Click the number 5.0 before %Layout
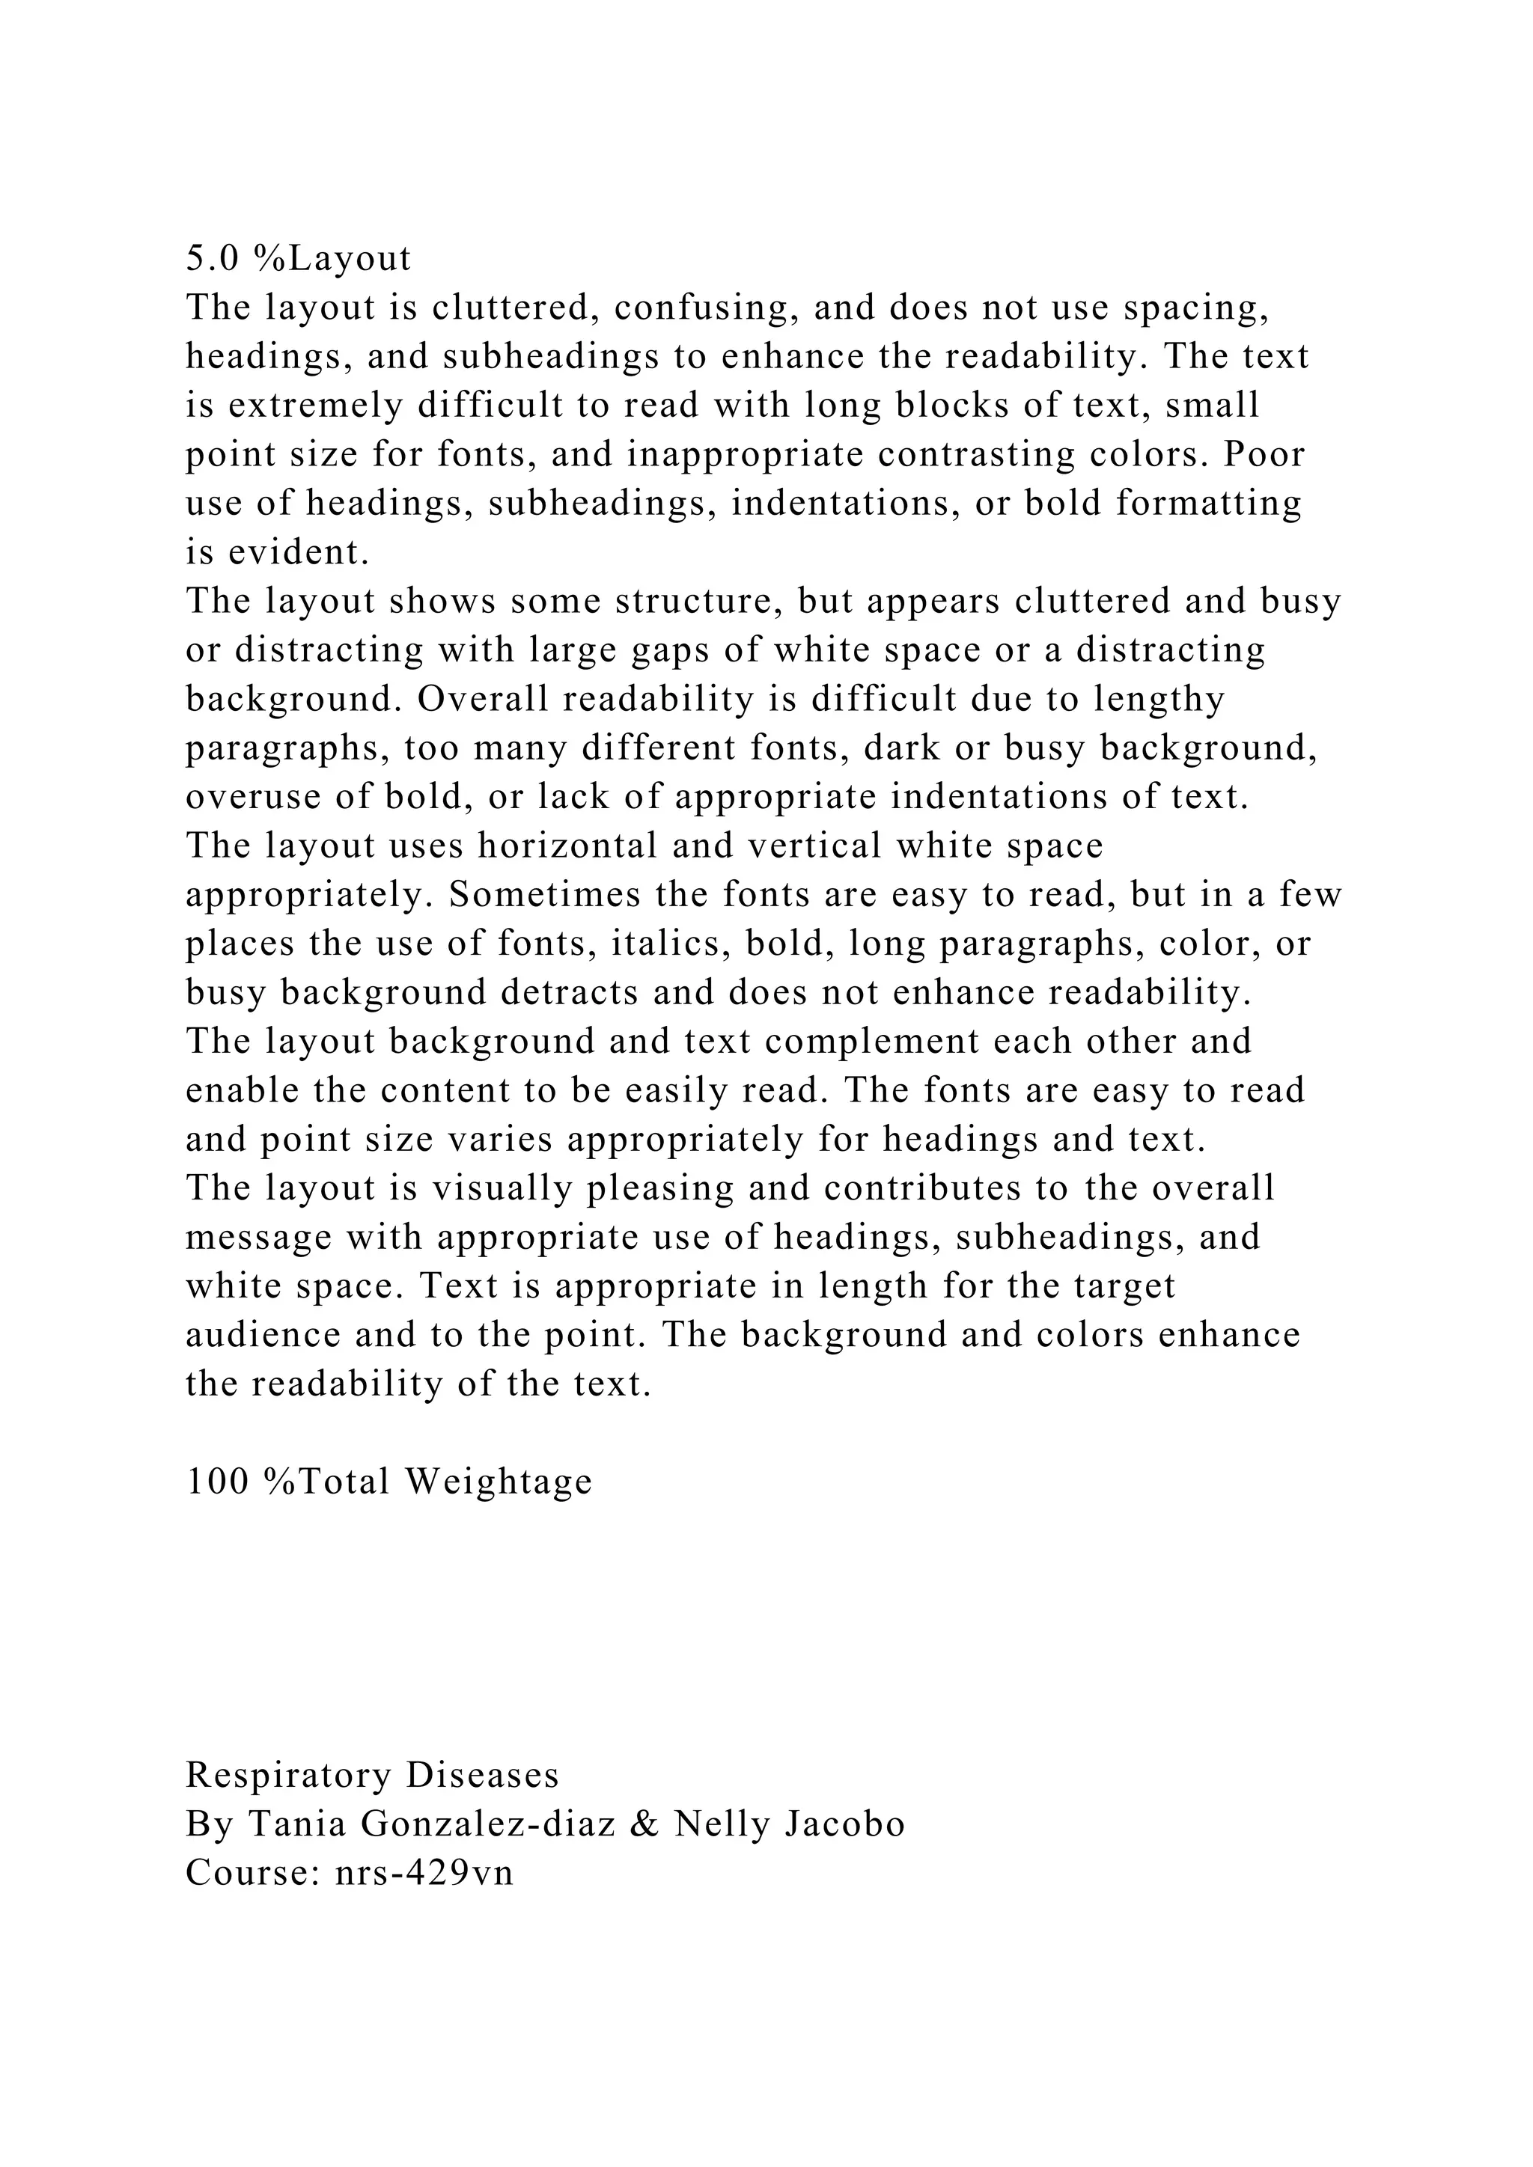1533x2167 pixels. (x=214, y=259)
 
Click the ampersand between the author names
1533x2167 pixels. (x=644, y=1824)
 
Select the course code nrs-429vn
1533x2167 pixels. (x=424, y=1874)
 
